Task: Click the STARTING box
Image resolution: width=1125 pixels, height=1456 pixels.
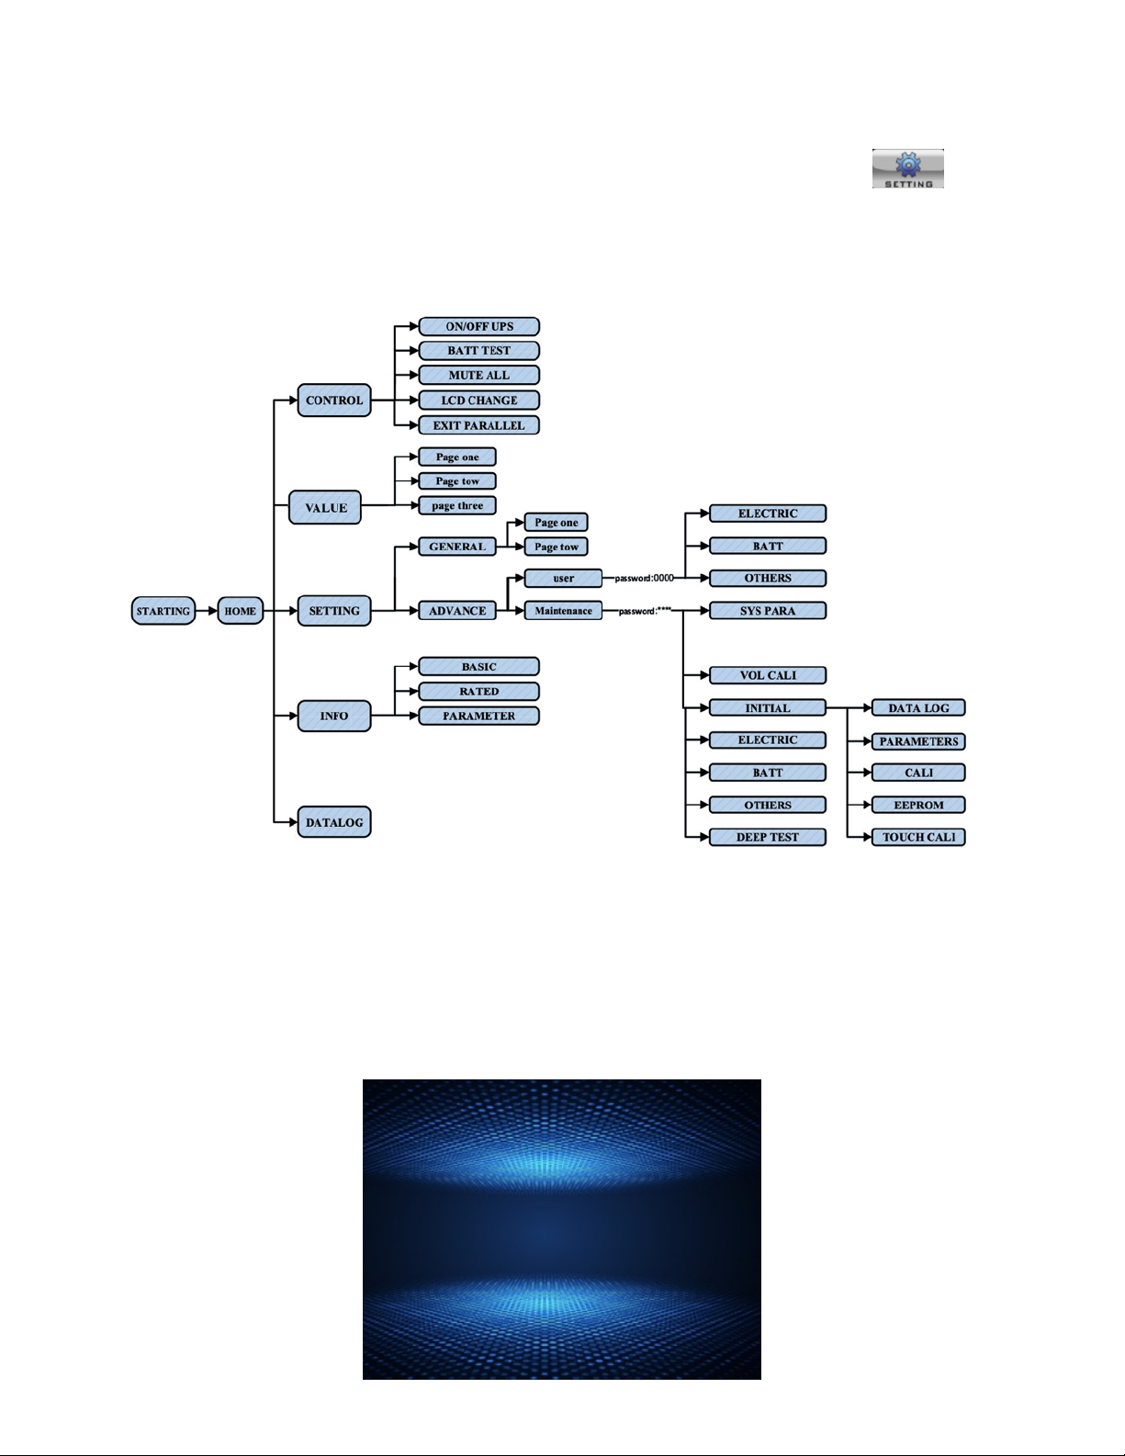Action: [163, 612]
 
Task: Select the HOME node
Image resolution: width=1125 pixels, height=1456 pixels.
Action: [241, 612]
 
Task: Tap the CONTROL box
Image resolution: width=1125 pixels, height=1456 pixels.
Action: [334, 401]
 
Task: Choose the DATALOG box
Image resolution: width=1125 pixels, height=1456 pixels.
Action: [334, 822]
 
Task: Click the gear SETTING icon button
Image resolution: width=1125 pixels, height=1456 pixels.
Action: [907, 169]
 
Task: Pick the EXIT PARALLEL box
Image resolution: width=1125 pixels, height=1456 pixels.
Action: [478, 425]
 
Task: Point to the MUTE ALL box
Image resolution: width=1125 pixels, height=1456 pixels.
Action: [478, 375]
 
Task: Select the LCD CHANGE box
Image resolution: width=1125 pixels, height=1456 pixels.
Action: [478, 401]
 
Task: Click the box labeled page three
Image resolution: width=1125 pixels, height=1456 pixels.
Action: [457, 505]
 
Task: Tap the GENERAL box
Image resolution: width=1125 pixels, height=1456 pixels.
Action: [457, 547]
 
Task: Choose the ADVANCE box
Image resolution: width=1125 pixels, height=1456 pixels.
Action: [457, 611]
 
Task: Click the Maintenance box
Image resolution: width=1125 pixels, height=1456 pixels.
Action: [564, 611]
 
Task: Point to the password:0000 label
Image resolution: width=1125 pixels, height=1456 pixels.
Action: [645, 579]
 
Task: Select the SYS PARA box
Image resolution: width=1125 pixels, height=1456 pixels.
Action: [768, 611]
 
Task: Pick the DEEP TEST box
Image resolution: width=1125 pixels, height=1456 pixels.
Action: [768, 837]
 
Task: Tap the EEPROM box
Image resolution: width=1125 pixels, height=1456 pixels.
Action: [918, 805]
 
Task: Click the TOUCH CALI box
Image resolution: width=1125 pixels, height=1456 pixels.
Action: [918, 837]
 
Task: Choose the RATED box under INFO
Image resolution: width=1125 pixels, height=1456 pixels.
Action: [478, 692]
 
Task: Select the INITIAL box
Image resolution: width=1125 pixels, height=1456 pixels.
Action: [768, 708]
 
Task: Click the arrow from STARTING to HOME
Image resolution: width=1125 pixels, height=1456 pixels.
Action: [207, 612]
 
